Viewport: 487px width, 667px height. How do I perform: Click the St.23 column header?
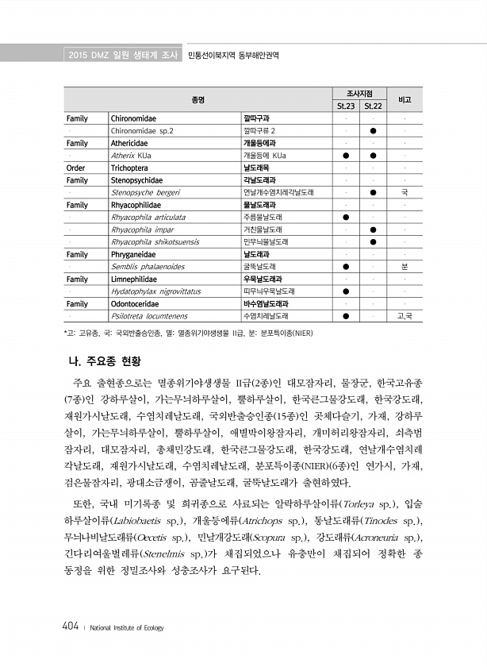(x=345, y=106)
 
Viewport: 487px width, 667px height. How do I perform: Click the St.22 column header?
(x=373, y=106)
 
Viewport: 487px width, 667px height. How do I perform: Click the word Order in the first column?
(x=76, y=168)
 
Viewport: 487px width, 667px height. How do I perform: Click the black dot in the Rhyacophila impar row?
(x=373, y=229)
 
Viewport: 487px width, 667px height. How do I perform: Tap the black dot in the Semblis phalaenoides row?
(x=346, y=267)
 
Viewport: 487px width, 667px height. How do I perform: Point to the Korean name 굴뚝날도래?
(x=259, y=267)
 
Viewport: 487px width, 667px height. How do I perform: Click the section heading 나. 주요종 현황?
(x=111, y=364)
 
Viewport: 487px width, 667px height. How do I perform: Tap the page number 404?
(x=69, y=627)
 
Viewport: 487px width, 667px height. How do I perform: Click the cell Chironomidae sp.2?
(x=142, y=130)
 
